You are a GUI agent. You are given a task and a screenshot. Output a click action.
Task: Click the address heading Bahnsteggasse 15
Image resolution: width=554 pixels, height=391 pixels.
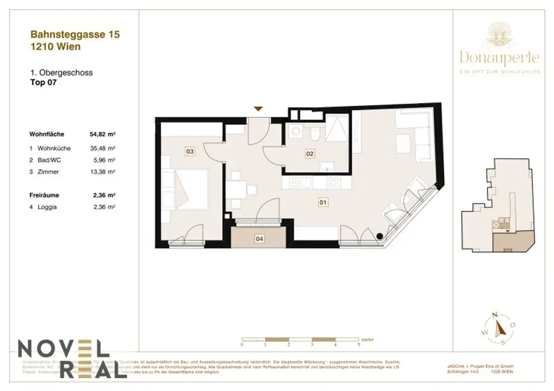[x=75, y=35]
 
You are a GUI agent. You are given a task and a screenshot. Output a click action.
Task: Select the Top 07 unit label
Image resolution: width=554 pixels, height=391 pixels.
[x=43, y=83]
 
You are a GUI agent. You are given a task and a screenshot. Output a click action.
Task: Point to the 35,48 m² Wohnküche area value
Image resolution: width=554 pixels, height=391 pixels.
[x=103, y=148]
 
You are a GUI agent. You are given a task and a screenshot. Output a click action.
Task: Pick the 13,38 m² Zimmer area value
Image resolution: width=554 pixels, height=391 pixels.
[x=103, y=172]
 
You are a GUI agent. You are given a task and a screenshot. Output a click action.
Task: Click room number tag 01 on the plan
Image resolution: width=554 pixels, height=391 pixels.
[x=322, y=203]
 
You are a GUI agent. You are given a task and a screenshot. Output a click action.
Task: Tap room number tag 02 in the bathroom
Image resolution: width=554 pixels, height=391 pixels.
[x=309, y=154]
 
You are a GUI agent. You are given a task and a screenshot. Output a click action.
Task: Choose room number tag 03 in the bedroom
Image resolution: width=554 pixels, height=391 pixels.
[x=189, y=152]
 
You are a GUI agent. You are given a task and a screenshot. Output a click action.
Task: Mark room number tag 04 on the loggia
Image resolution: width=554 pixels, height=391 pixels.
[x=259, y=238]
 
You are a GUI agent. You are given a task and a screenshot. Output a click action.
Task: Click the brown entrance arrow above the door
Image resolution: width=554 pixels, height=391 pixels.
[x=259, y=109]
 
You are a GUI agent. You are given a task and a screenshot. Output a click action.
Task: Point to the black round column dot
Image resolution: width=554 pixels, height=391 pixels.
[x=380, y=235]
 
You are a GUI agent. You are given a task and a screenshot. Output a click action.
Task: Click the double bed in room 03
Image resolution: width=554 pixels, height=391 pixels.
[x=187, y=190]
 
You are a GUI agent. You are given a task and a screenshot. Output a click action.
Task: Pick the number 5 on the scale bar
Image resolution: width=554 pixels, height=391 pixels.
[x=358, y=344]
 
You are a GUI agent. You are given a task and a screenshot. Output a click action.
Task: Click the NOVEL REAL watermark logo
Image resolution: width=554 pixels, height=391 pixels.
[x=64, y=358]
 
